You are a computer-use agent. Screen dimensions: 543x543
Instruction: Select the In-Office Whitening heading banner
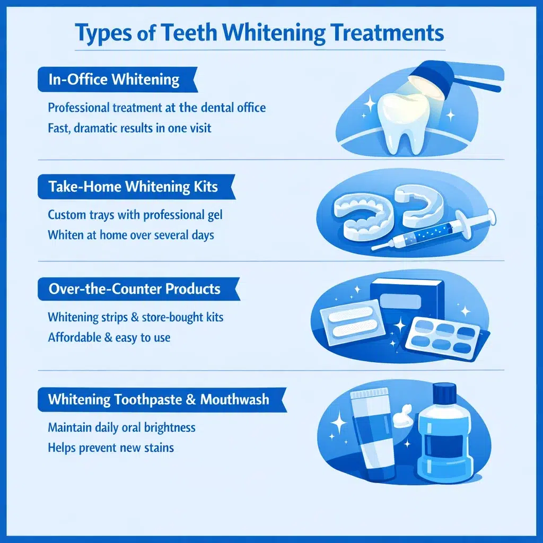(113, 80)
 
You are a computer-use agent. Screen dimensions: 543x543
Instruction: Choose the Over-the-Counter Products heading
(134, 290)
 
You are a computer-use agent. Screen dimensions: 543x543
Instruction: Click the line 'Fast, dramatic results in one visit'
(129, 128)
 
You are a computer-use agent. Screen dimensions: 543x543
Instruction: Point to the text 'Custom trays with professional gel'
(135, 215)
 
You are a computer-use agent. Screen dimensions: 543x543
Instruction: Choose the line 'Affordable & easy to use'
(109, 337)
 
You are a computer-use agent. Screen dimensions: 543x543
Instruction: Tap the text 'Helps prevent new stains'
(110, 447)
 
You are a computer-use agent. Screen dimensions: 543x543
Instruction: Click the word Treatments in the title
(381, 33)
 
